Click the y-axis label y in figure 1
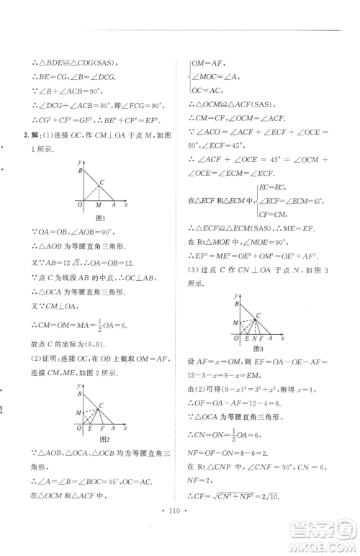click(85, 163)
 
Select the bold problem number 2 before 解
click(27, 135)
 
